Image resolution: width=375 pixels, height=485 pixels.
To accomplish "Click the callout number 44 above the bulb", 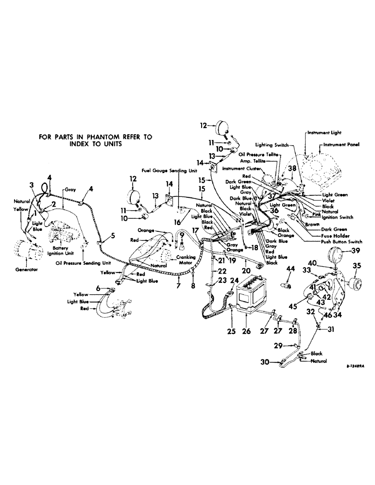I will [290, 269].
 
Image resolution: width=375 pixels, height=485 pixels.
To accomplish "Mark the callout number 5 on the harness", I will [113, 236].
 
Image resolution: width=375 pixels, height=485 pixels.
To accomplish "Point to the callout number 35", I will [357, 266].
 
